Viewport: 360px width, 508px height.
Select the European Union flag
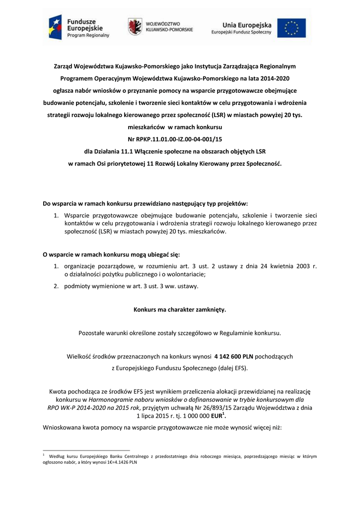click(x=294, y=27)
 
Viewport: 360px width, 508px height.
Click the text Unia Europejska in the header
click(x=246, y=24)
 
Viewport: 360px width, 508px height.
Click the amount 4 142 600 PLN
click(x=233, y=356)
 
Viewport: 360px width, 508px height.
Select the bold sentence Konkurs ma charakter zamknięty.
click(x=180, y=310)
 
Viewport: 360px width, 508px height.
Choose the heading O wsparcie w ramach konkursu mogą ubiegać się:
click(x=111, y=254)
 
